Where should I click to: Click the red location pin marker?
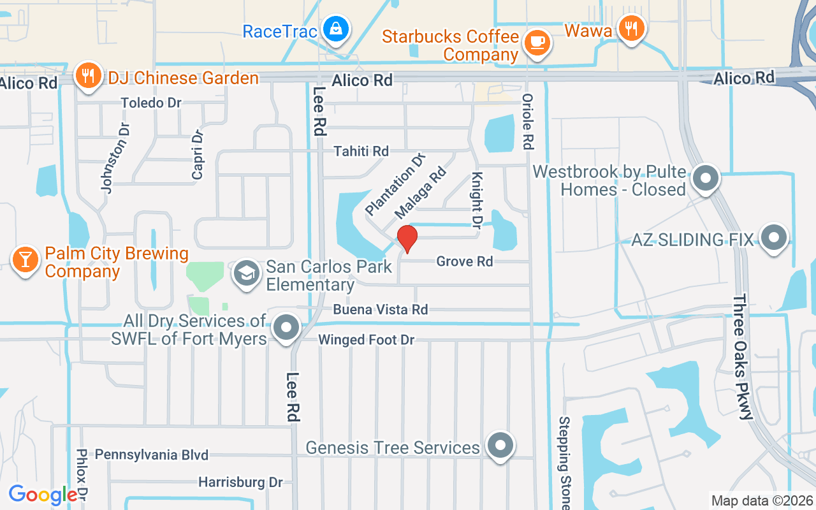(x=407, y=239)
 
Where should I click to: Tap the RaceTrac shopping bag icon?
(x=335, y=29)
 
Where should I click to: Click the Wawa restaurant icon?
(x=631, y=28)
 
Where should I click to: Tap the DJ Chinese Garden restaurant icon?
(x=88, y=76)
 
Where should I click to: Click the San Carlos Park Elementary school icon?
(x=246, y=273)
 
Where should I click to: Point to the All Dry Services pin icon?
(x=286, y=328)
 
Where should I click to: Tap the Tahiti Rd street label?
(x=361, y=151)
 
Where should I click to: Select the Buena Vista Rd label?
(x=381, y=309)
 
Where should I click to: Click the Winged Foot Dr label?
(x=366, y=340)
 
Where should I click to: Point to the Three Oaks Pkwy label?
(x=743, y=356)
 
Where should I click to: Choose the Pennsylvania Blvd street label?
(x=152, y=455)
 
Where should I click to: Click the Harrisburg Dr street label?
(x=240, y=482)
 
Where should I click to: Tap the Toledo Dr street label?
(x=151, y=103)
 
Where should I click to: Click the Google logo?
(x=43, y=495)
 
